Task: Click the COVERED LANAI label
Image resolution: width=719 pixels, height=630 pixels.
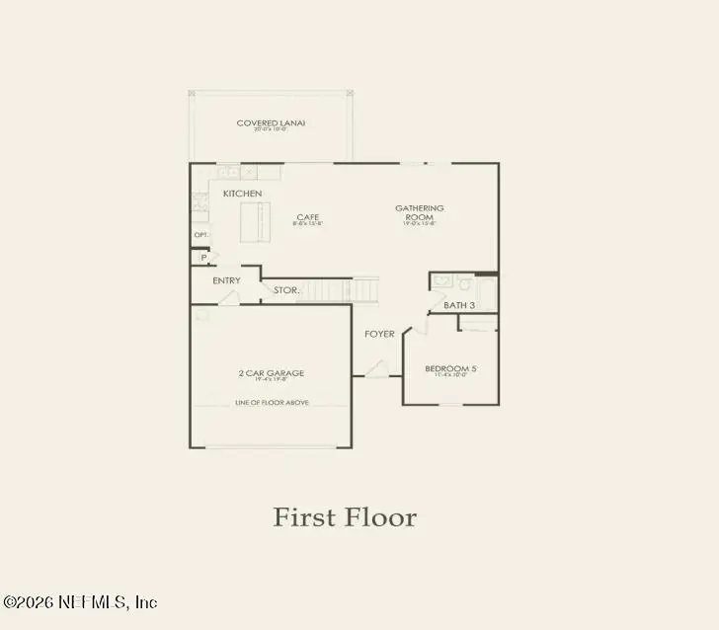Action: [271, 123]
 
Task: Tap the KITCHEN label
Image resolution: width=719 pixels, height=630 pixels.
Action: [242, 193]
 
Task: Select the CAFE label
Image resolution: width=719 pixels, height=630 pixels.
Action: [308, 217]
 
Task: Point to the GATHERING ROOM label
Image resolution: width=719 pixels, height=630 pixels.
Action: [420, 212]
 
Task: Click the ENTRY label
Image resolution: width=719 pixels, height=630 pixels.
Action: [226, 280]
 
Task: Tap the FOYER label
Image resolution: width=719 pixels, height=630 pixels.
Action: [379, 334]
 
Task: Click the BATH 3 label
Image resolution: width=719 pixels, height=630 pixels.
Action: [459, 305]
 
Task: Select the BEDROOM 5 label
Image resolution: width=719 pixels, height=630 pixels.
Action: [450, 368]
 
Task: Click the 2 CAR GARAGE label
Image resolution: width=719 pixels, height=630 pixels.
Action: [271, 372]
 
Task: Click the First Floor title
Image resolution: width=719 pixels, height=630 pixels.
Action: [345, 517]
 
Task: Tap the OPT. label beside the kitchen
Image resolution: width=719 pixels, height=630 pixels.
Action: [200, 235]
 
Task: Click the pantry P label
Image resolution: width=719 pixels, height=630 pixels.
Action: [203, 257]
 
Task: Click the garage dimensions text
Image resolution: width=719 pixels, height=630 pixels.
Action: [271, 380]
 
